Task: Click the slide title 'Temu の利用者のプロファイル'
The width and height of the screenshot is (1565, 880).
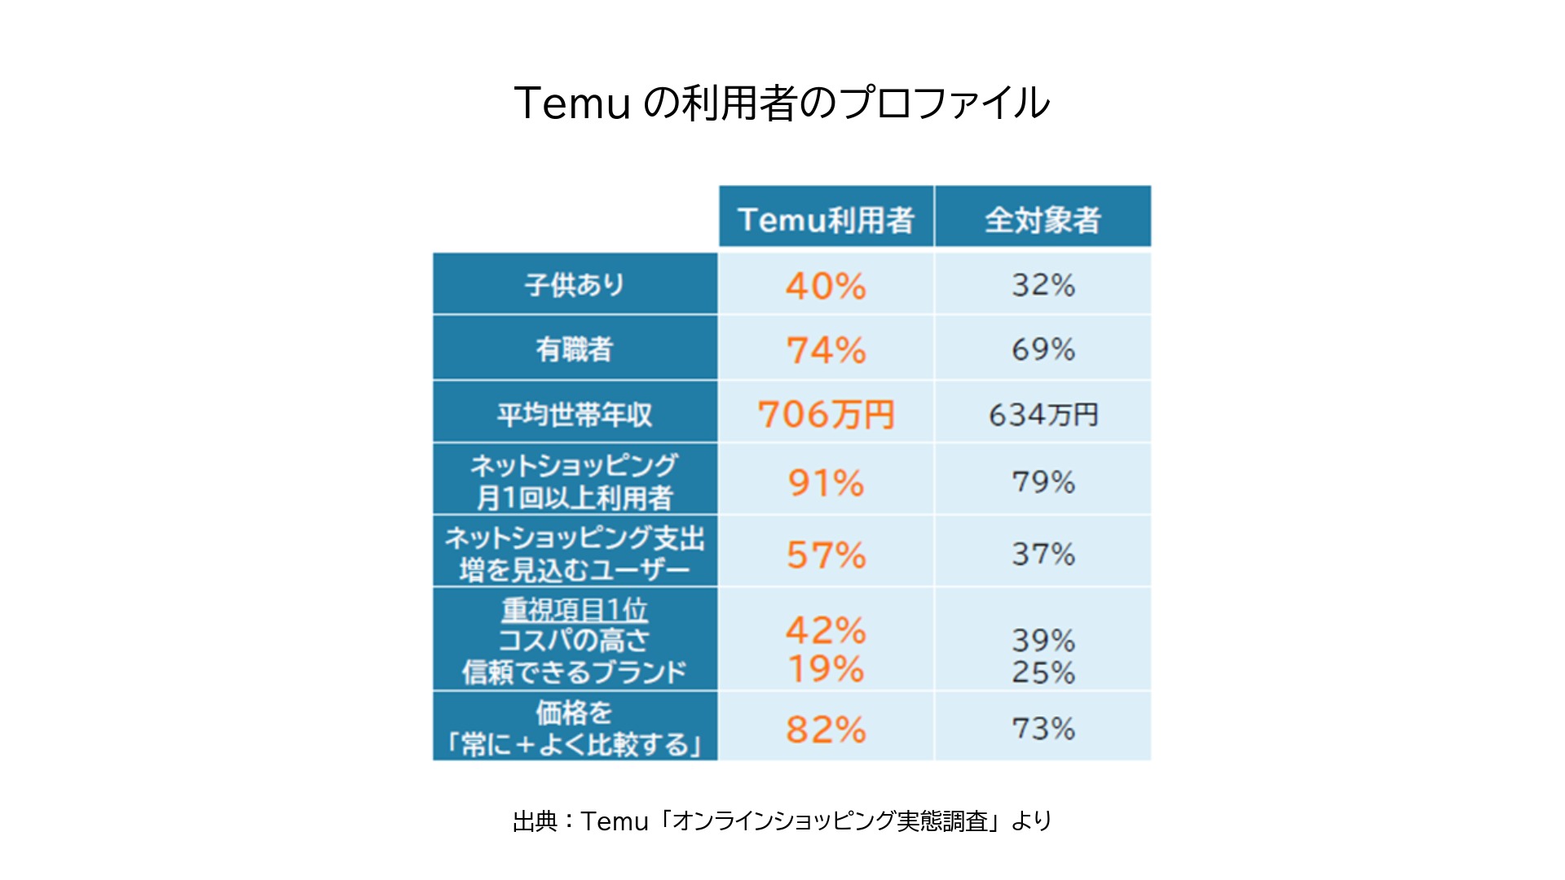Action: pos(782,103)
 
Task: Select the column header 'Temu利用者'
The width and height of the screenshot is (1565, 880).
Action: pos(826,219)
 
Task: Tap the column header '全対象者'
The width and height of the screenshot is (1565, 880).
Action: pos(1043,219)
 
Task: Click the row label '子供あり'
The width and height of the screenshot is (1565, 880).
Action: pos(575,284)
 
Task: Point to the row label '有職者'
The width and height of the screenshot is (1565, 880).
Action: pos(575,349)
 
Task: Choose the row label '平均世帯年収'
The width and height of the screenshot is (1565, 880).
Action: pos(575,414)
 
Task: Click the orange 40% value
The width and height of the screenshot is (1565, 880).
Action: pos(826,285)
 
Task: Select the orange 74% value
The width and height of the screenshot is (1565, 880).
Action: pos(826,350)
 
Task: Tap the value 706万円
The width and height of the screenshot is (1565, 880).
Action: pos(826,414)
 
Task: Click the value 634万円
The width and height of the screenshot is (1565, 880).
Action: pos(1043,414)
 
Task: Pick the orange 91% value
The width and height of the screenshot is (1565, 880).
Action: pos(826,482)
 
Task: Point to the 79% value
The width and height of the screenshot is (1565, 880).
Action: pos(1043,482)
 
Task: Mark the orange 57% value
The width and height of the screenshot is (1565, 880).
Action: pos(826,555)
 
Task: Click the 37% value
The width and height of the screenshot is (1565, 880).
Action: pos(1043,554)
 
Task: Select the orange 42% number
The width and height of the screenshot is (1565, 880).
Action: pos(826,630)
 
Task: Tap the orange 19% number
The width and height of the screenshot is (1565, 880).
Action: pos(826,669)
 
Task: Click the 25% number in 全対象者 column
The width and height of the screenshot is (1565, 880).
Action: pos(1043,672)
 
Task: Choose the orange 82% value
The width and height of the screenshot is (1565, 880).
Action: pos(826,728)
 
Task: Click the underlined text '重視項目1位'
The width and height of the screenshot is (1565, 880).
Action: pos(575,609)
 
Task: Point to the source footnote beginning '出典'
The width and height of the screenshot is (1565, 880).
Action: pos(782,821)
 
